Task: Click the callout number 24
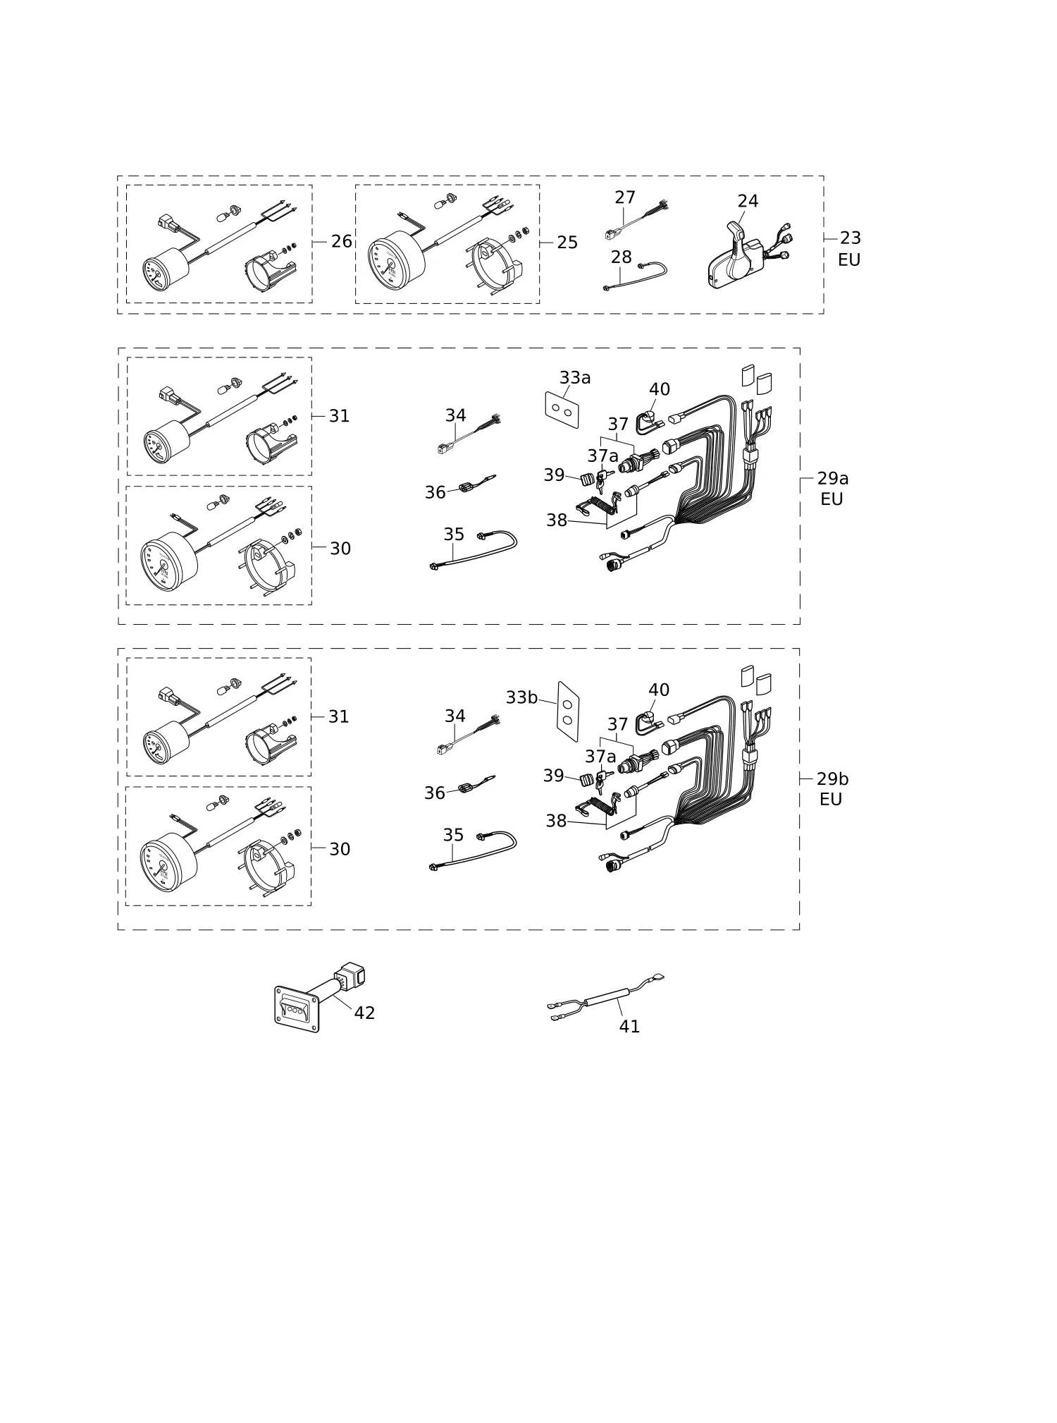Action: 748,202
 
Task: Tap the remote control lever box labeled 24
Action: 736,257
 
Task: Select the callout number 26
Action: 342,242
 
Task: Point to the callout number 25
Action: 567,243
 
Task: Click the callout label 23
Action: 851,238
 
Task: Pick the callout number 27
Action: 625,198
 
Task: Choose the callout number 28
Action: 622,257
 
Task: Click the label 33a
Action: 575,378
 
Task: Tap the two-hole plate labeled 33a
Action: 562,410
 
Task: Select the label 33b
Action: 521,697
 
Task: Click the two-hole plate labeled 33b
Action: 569,711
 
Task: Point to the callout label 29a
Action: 833,479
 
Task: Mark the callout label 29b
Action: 833,779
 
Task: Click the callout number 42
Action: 364,1013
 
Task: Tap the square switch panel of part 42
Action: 297,1009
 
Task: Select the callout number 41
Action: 629,1027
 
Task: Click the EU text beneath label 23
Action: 849,259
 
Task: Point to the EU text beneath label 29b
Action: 831,800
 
